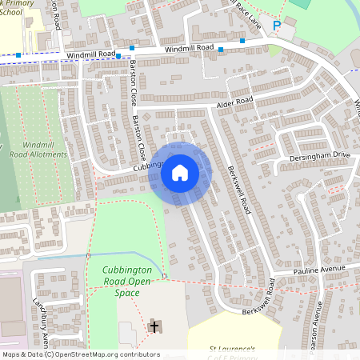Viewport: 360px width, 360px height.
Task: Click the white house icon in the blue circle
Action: (x=180, y=172)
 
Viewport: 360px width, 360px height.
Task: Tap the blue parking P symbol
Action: (x=277, y=26)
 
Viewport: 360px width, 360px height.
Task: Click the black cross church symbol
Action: (x=154, y=326)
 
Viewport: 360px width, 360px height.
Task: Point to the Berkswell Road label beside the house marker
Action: (x=240, y=189)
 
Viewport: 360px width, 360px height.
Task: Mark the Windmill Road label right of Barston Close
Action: (x=190, y=49)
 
